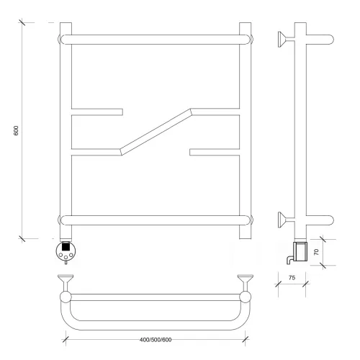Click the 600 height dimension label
pos(16,130)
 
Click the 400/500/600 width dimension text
pos(156,340)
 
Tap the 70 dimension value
pos(316,252)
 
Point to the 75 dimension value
pos(292,278)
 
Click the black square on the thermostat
pos(66,246)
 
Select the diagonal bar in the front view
pos(156,132)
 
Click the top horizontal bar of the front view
pos(156,40)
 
